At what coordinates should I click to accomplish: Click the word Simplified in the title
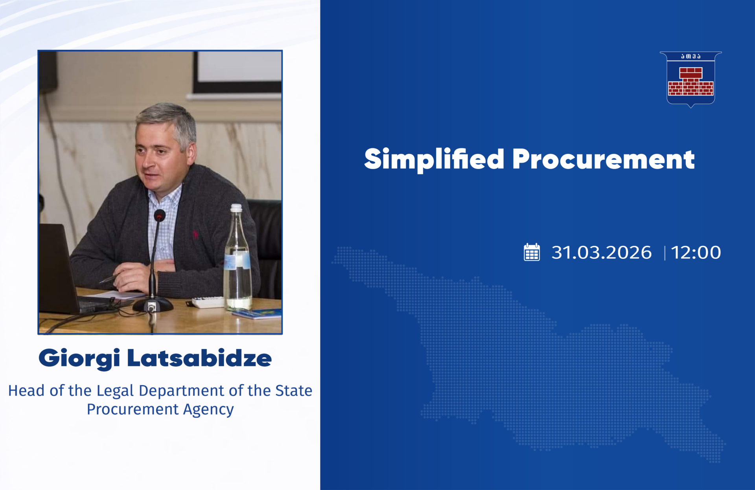(434, 160)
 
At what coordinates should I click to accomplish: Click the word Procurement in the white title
(604, 160)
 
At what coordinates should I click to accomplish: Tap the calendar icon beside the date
(532, 252)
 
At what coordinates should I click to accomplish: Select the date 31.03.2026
(601, 252)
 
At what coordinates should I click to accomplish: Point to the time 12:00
(696, 252)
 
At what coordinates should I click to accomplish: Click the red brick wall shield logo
(691, 79)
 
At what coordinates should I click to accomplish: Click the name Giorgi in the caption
(79, 359)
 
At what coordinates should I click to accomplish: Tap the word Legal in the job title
(116, 391)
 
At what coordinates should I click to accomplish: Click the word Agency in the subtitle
(208, 410)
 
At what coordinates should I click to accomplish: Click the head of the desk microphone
(159, 215)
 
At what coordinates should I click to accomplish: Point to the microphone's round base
(153, 305)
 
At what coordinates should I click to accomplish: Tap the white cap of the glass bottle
(236, 208)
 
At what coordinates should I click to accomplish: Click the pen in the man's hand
(108, 279)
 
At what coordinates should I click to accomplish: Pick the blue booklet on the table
(258, 314)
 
